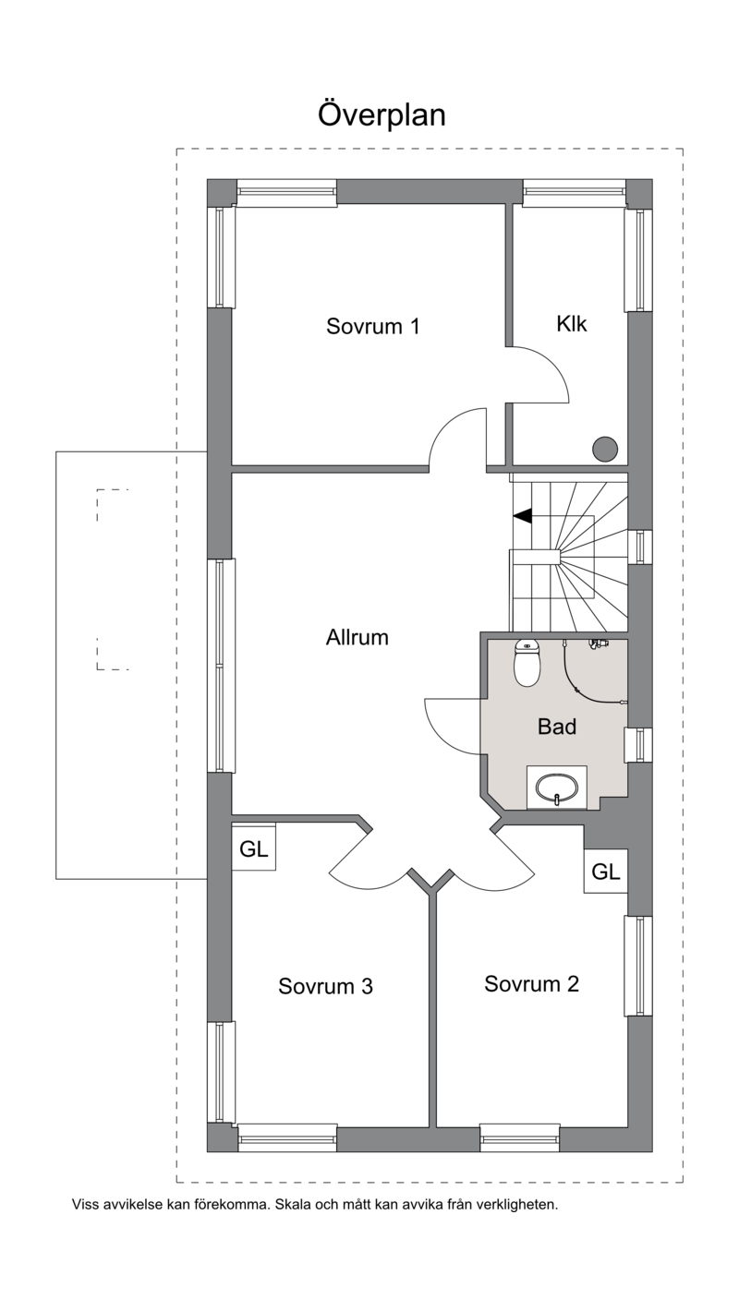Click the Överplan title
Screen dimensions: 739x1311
point(382,114)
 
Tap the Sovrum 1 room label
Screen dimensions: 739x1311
point(373,326)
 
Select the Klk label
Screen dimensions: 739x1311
point(572,324)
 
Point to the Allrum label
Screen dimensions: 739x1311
point(357,637)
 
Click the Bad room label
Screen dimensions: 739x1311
point(557,727)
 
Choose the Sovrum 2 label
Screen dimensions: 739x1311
point(531,984)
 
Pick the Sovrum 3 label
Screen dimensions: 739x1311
point(325,986)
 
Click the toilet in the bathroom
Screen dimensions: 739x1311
point(527,663)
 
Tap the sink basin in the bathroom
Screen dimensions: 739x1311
point(557,788)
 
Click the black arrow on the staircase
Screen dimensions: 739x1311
point(522,515)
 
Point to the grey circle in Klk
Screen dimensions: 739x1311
point(605,449)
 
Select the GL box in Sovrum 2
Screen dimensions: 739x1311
point(605,872)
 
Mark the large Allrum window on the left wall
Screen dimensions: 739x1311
point(222,666)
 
